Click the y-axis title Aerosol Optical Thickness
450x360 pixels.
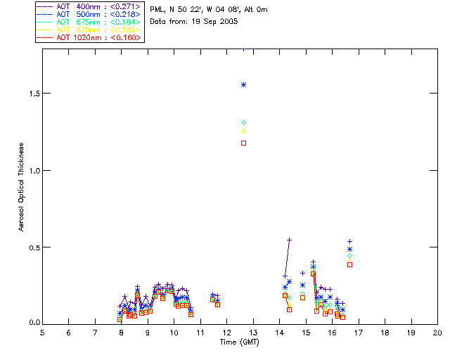click(x=21, y=188)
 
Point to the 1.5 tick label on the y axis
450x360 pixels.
click(x=30, y=94)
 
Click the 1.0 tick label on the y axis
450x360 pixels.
click(x=30, y=170)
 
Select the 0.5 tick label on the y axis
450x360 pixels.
click(x=30, y=247)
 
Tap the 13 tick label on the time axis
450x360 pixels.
click(x=253, y=331)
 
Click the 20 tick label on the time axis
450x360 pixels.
click(x=437, y=331)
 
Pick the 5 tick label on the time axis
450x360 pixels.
click(x=42, y=331)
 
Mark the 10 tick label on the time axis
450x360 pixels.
click(x=174, y=331)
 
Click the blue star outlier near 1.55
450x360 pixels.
click(x=243, y=84)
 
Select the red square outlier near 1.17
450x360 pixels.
click(x=243, y=143)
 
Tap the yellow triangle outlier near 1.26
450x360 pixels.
click(x=243, y=130)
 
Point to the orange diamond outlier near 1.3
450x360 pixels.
click(x=243, y=123)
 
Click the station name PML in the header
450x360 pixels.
click(x=157, y=10)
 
